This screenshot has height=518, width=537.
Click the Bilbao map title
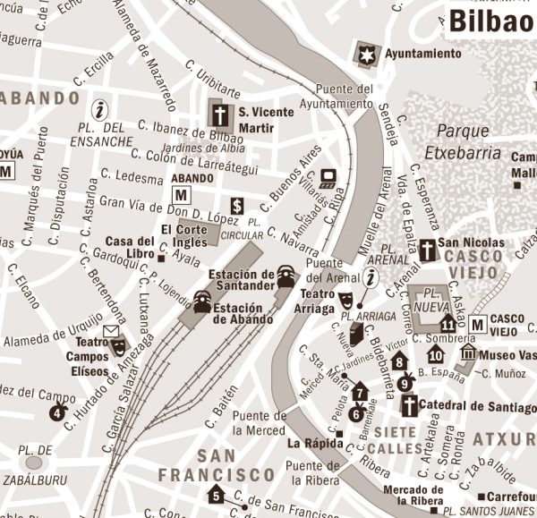pyautogui.click(x=490, y=21)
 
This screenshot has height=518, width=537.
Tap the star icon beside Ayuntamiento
pyautogui.click(x=367, y=53)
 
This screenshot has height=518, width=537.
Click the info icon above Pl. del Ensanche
pyautogui.click(x=100, y=110)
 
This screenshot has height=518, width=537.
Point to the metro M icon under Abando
pyautogui.click(x=182, y=194)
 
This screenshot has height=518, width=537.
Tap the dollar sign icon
pyautogui.click(x=237, y=206)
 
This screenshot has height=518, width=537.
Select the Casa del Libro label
pyautogui.click(x=130, y=248)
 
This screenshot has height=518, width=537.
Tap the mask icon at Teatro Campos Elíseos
pyautogui.click(x=117, y=345)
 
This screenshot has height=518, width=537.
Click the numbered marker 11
pyautogui.click(x=447, y=325)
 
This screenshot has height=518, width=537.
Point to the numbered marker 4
pyautogui.click(x=58, y=411)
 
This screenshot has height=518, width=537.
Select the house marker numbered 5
pyautogui.click(x=216, y=494)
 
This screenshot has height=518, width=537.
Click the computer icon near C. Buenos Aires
pyautogui.click(x=328, y=176)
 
